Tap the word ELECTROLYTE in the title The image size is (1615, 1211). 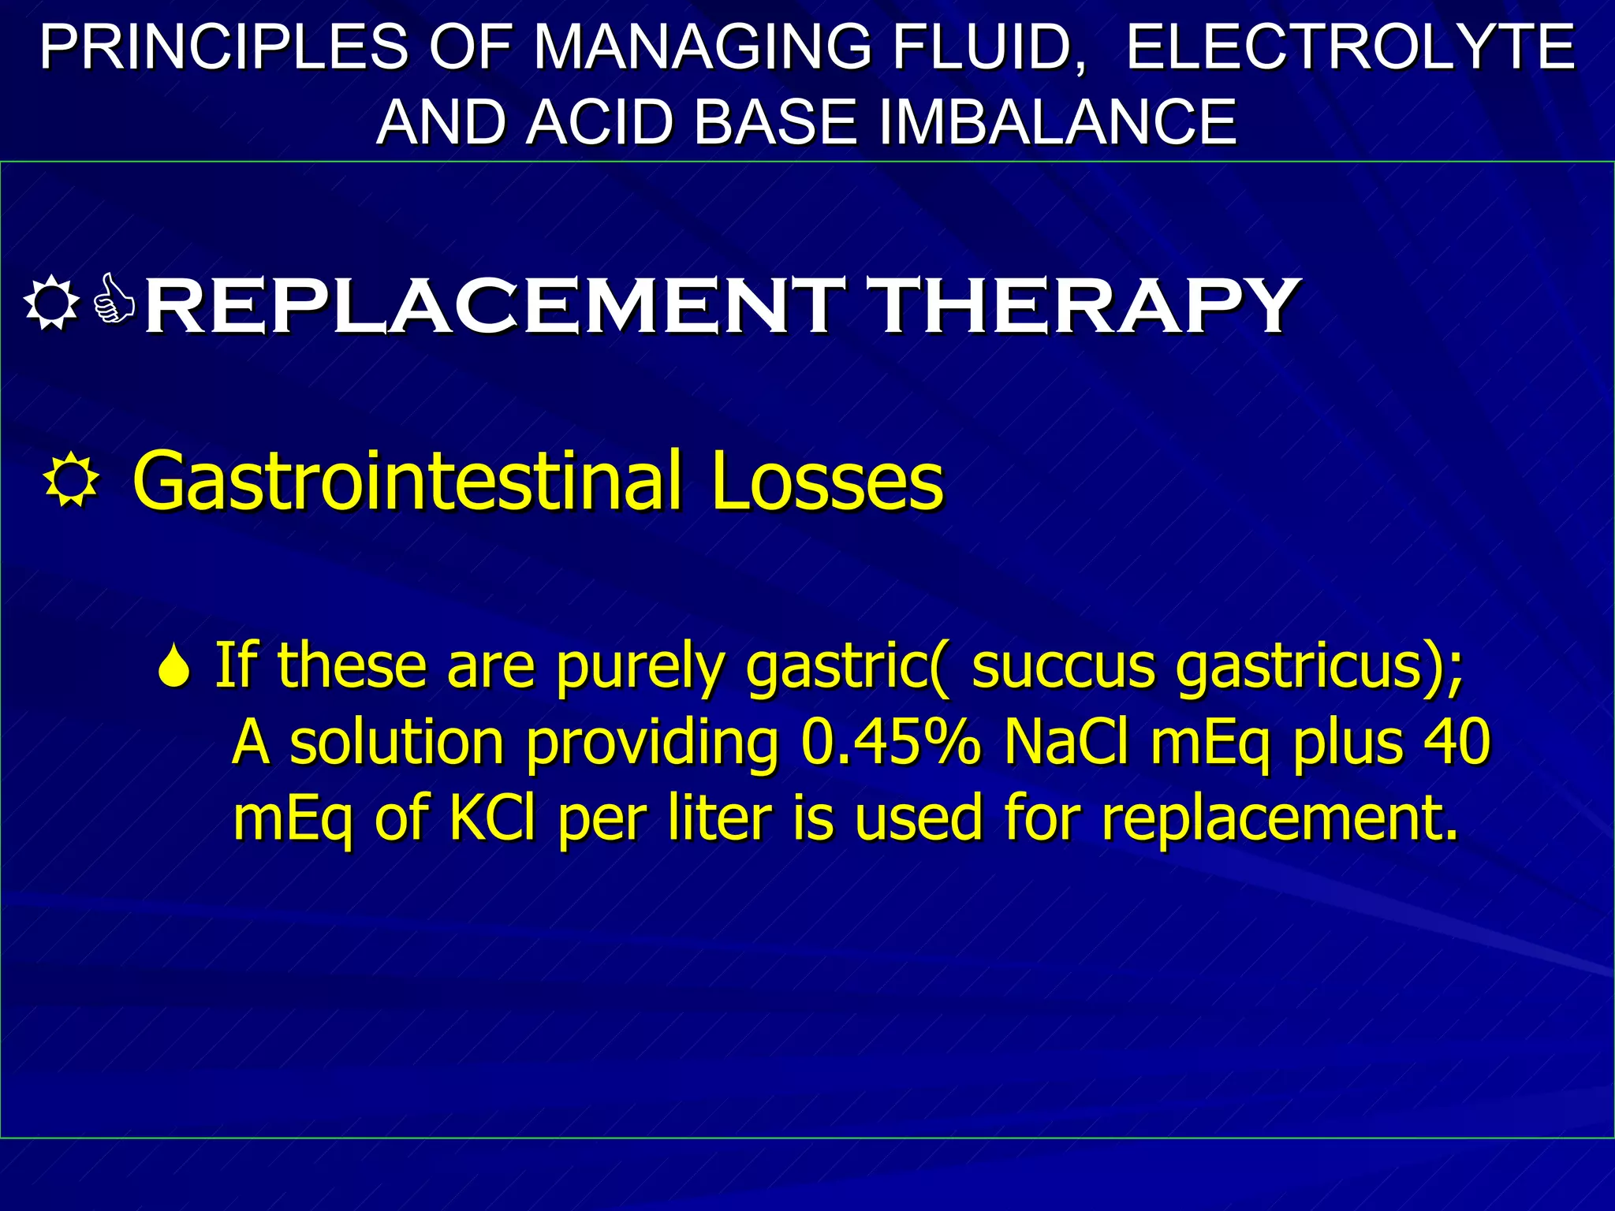[1350, 47]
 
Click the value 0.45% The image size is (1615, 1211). [891, 742]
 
